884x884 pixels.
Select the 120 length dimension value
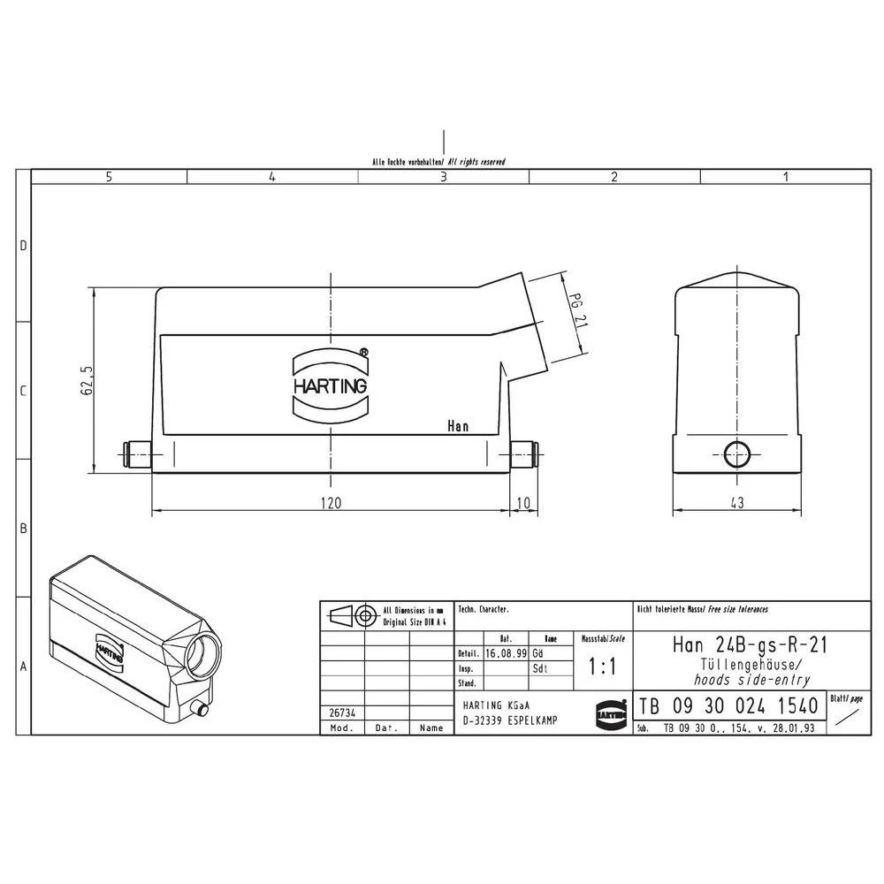pos(330,503)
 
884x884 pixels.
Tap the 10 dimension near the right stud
pos(523,503)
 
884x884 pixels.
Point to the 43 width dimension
pos(737,503)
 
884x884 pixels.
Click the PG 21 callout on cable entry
pos(578,310)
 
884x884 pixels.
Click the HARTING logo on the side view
pos(330,386)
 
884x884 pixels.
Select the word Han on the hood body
pos(458,427)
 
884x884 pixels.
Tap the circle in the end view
pos(736,455)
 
